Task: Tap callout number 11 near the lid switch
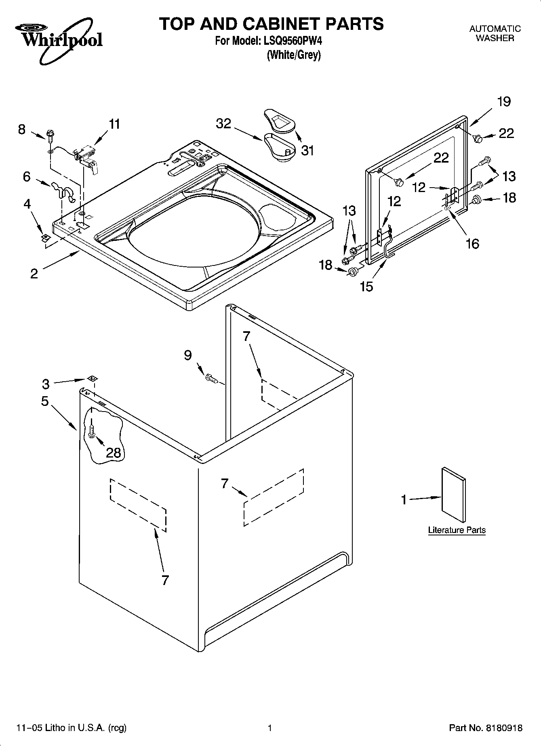pos(114,124)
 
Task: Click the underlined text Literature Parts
pos(457,530)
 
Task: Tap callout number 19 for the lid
pos(504,102)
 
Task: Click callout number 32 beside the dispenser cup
pos(223,123)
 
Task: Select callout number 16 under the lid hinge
pos(472,244)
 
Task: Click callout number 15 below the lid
pos(366,286)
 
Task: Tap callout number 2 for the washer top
pos(34,274)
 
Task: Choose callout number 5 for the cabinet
pos(44,401)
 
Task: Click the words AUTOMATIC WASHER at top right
pos(495,33)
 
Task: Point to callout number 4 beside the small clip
pos(27,204)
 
